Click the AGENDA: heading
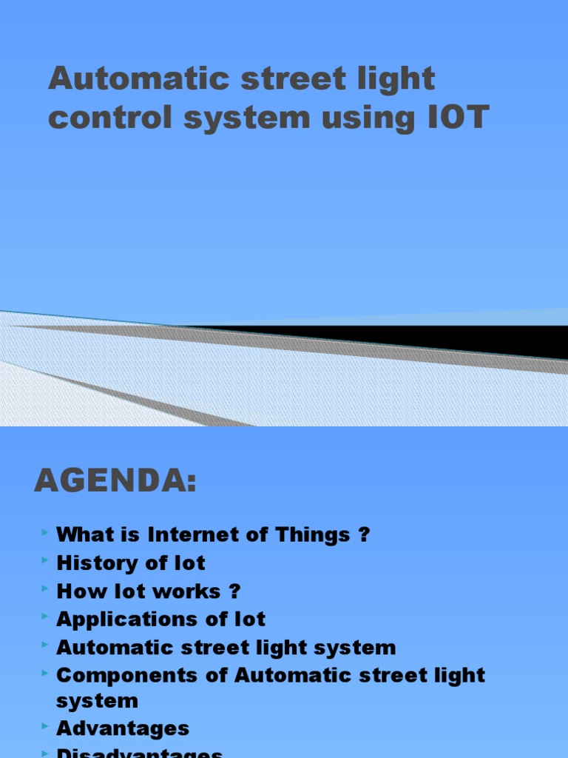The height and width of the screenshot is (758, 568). (x=115, y=481)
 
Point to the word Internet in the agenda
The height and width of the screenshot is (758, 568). (x=189, y=534)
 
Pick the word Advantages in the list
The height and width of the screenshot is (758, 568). (x=123, y=728)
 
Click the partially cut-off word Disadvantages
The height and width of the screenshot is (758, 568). (x=139, y=753)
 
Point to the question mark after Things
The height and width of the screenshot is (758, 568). (x=362, y=534)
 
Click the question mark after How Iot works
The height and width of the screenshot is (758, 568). (x=235, y=591)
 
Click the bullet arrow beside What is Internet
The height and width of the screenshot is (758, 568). (x=46, y=532)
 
